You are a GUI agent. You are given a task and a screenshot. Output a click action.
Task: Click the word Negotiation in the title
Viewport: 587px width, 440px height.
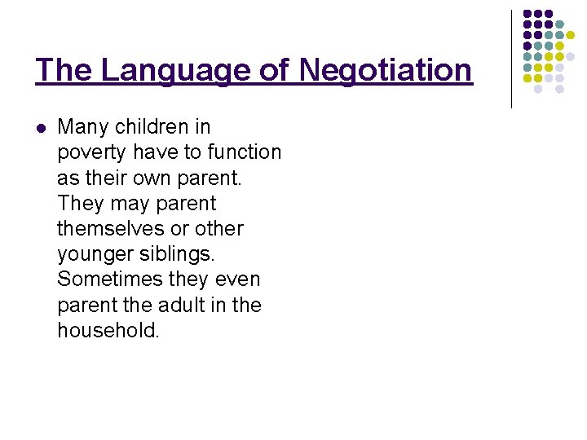pyautogui.click(x=386, y=70)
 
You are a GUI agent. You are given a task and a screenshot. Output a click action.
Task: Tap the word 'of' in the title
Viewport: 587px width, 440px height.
pyautogui.click(x=275, y=70)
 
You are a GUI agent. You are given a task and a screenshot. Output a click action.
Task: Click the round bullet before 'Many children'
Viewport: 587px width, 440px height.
pyautogui.click(x=41, y=127)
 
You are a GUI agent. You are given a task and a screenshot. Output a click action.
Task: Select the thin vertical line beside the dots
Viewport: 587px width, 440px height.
pyautogui.click(x=511, y=59)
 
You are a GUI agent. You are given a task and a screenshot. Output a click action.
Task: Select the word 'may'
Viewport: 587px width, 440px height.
pyautogui.click(x=126, y=203)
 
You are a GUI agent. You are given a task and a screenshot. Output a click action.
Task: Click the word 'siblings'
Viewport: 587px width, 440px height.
pyautogui.click(x=179, y=253)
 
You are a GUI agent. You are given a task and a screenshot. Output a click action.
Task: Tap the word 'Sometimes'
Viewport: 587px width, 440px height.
pyautogui.click(x=110, y=279)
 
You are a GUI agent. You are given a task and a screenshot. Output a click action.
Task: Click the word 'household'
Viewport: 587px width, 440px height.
pyautogui.click(x=106, y=330)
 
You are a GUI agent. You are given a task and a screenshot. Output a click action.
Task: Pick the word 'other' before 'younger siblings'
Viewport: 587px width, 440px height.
pyautogui.click(x=218, y=228)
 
